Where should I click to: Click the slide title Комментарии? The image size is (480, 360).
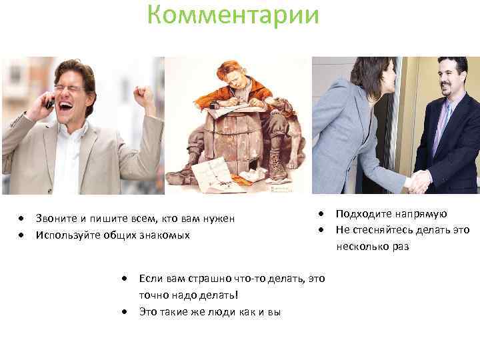233,14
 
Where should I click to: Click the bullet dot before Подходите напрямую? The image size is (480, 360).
321,214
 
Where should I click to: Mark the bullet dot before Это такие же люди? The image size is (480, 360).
124,311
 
